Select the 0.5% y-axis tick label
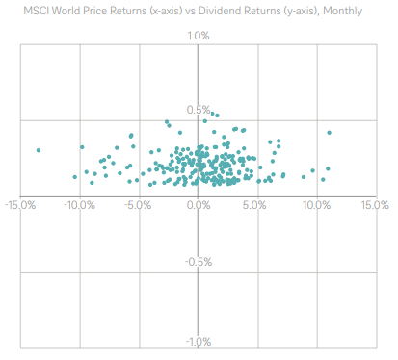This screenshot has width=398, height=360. click(x=198, y=111)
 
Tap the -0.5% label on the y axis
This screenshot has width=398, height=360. click(x=197, y=262)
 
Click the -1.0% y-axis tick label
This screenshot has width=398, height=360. click(x=197, y=342)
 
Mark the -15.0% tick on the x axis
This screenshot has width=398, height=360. click(x=21, y=205)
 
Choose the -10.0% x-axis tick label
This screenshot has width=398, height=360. click(x=80, y=205)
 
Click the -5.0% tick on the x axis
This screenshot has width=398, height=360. click(x=139, y=205)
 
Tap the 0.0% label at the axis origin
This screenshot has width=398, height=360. click(x=198, y=205)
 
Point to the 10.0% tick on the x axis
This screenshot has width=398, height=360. click(x=316, y=205)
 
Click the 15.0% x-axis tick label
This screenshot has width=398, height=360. click(x=374, y=205)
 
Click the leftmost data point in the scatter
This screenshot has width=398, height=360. click(x=39, y=150)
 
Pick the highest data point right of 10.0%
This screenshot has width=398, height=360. click(x=329, y=133)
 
